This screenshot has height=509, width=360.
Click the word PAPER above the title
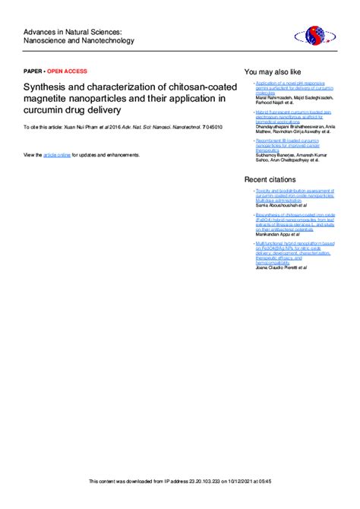[x=33, y=70]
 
